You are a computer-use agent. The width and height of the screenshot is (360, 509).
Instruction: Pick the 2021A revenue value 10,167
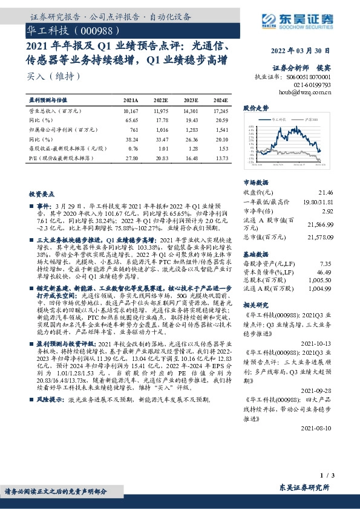coord(130,112)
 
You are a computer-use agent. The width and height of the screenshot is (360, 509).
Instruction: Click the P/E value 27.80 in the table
coord(131,157)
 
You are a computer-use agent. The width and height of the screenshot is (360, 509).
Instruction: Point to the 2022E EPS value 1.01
coord(162,148)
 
